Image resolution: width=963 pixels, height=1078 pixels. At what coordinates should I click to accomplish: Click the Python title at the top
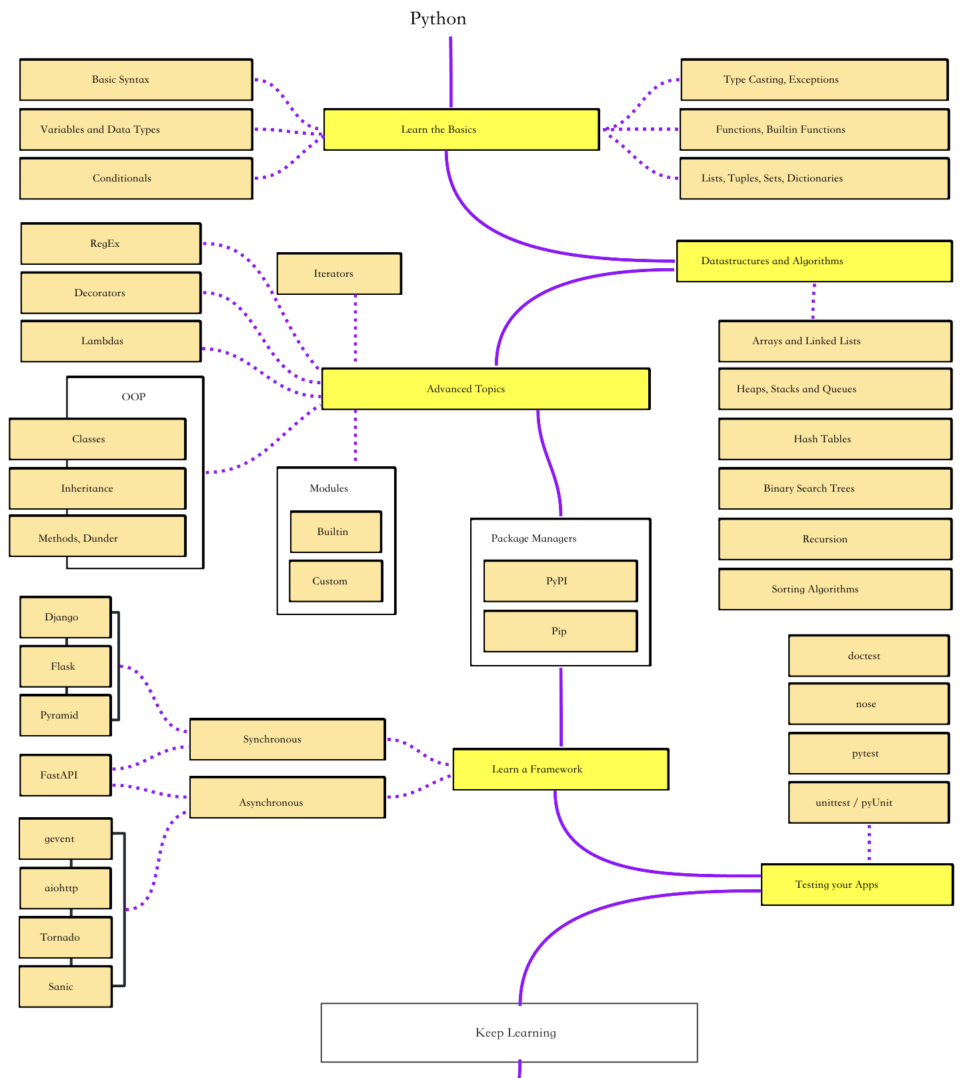coord(438,19)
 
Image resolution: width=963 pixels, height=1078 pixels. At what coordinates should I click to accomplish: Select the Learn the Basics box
coord(461,129)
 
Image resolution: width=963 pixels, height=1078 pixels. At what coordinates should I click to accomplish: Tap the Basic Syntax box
coord(136,79)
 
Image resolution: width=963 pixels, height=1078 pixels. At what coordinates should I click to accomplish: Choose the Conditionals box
coord(136,178)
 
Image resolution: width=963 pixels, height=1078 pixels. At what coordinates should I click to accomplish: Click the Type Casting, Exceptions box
coord(814,79)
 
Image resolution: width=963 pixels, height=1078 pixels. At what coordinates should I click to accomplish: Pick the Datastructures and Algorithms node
coord(814,261)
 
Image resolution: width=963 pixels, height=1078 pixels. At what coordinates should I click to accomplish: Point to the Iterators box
coord(339,274)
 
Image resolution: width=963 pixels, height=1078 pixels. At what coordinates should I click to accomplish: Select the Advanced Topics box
coord(486,389)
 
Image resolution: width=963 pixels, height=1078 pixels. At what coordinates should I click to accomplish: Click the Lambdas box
coord(111,341)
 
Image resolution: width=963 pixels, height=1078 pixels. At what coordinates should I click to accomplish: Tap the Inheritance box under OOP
coord(97,488)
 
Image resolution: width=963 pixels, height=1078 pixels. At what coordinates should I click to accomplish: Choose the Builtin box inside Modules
coord(336,532)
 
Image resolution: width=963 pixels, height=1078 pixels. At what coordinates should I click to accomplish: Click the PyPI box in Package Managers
coord(560,581)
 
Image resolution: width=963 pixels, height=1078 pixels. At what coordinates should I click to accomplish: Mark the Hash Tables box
coord(835,439)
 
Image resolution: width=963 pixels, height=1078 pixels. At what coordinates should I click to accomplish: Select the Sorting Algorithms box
coord(835,589)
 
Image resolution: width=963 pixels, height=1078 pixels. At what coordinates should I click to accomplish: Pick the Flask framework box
coord(65,666)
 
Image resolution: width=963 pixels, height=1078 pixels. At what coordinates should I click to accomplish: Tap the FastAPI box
coord(65,775)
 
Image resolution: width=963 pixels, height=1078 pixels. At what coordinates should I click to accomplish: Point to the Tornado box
coord(65,937)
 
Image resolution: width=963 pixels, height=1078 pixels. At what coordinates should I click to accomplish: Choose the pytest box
coord(869,753)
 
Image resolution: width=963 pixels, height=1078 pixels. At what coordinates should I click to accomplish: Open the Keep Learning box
coord(510,1033)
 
